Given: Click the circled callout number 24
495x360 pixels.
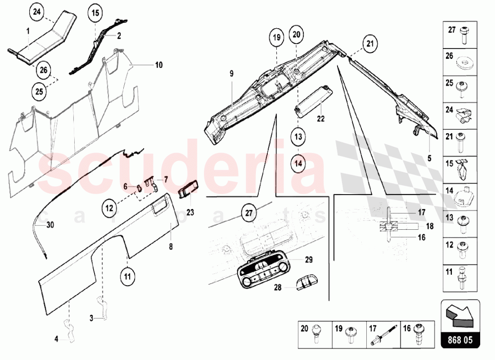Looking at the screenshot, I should click(x=36, y=12).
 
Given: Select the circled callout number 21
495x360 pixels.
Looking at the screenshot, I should click(x=369, y=44).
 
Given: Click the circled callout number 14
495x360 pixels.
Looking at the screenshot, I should click(x=298, y=161).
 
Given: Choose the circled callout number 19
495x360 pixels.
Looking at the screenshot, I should click(x=277, y=37).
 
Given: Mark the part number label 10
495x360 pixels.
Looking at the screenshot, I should click(x=158, y=65).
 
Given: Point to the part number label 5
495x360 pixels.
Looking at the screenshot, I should click(x=429, y=158).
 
